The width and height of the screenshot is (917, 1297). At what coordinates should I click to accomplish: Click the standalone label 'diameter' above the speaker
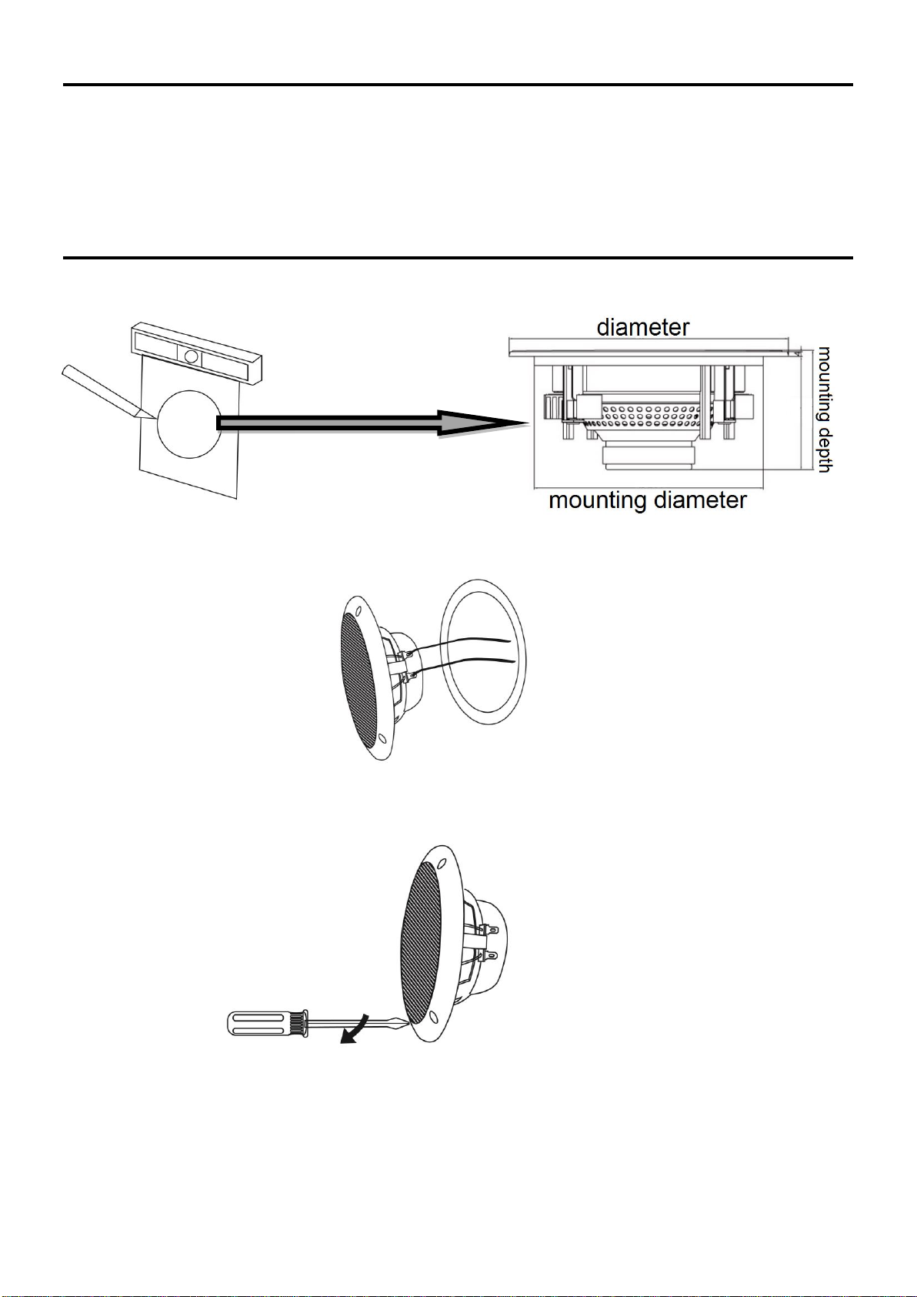click(x=643, y=328)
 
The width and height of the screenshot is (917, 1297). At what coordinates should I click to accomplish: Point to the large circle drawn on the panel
click(x=189, y=424)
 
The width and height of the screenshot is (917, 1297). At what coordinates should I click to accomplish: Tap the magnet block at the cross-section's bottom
click(x=649, y=455)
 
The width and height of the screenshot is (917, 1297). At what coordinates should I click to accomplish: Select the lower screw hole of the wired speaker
click(x=382, y=737)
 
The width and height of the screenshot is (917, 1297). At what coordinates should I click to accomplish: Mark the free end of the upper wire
click(x=509, y=640)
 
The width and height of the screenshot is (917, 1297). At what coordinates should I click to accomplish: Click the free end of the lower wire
click(x=514, y=661)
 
